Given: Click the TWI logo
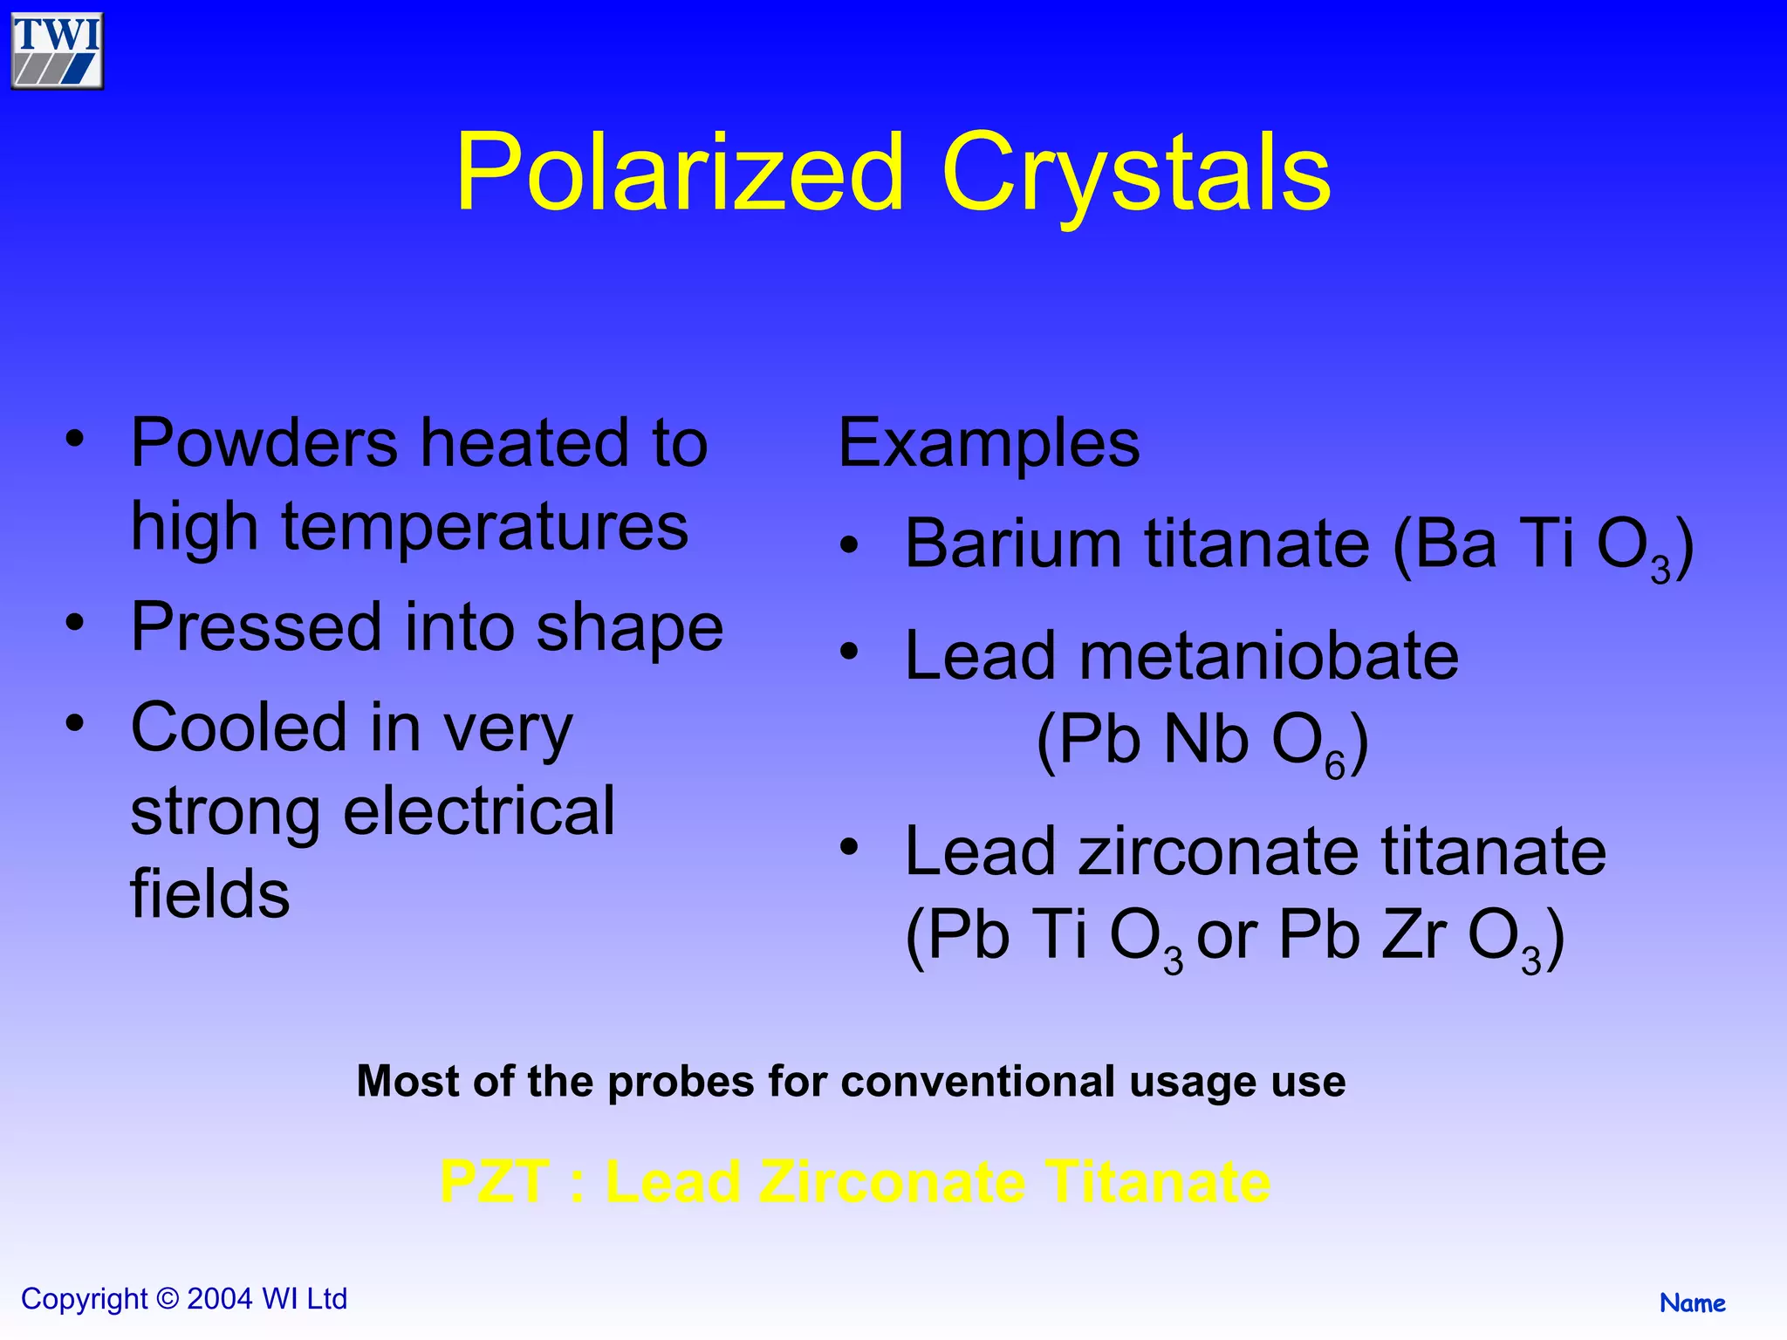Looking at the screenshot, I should point(57,51).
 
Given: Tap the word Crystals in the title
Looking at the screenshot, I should point(1136,172).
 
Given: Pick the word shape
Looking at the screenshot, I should point(629,628).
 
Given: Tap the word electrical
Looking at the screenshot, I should point(479,811).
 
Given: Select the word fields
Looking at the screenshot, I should point(209,894).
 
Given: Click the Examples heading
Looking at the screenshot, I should point(989,443).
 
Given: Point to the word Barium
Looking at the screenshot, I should point(1012,544).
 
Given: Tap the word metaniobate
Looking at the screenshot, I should point(1269,656).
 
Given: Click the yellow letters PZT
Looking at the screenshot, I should point(495,1183).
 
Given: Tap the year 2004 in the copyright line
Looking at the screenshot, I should point(220,1299).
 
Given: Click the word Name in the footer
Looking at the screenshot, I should point(1692,1303).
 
